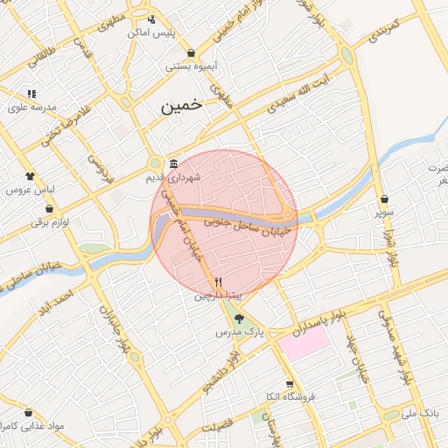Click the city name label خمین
click(181, 106)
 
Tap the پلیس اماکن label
click(150, 31)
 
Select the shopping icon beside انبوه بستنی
click(191, 53)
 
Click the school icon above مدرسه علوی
click(31, 94)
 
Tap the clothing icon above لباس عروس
click(31, 175)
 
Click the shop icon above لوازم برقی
click(49, 209)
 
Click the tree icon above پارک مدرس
click(240, 318)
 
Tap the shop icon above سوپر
click(385, 199)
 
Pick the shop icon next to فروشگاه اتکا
click(290, 383)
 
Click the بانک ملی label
click(417, 412)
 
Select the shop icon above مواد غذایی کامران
click(28, 412)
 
